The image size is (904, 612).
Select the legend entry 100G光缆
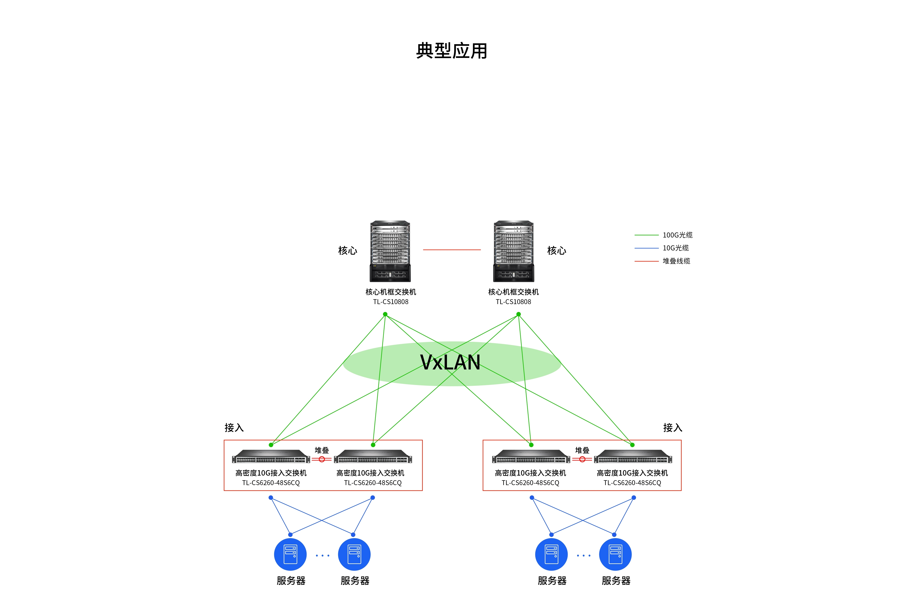[x=677, y=235]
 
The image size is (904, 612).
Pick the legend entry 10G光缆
[x=675, y=248]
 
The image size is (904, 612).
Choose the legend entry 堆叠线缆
[x=676, y=261]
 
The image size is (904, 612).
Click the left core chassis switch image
[x=390, y=251]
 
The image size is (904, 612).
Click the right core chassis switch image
[x=514, y=251]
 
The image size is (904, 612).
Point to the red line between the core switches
[x=452, y=250]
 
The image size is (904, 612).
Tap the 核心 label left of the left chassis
[x=347, y=251]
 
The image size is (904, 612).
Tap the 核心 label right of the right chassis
[x=557, y=251]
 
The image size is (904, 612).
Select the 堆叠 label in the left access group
[x=322, y=450]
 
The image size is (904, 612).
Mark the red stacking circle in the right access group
[x=582, y=459]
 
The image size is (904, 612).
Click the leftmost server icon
[x=290, y=554]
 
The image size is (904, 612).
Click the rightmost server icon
[x=615, y=554]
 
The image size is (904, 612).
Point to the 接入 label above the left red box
[x=234, y=428]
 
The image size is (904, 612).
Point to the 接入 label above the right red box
[x=673, y=428]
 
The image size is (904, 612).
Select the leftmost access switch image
[x=271, y=456]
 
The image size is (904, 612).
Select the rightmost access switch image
[x=633, y=456]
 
